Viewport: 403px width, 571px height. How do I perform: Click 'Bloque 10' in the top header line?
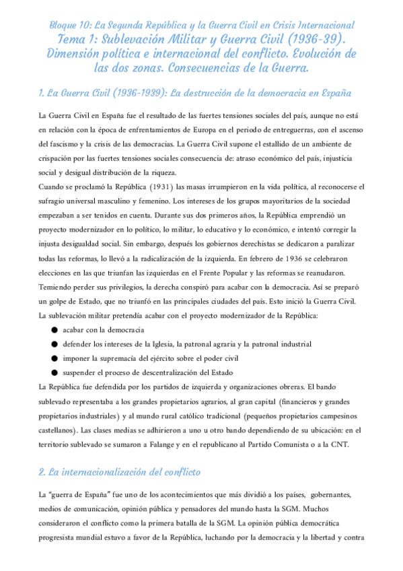point(68,25)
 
